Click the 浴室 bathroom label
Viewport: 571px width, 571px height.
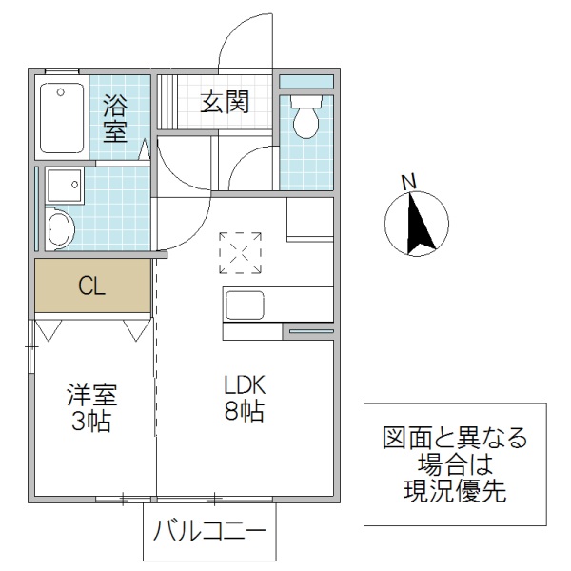coord(115,117)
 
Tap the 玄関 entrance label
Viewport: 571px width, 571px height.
coord(225,102)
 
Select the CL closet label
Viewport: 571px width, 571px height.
coord(92,285)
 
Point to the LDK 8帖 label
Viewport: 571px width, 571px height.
coord(244,399)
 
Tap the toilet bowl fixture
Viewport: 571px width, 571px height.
coord(306,121)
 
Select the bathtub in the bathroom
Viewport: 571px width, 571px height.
coord(62,117)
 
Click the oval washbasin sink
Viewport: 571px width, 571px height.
coord(61,230)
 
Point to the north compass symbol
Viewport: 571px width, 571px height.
coord(416,225)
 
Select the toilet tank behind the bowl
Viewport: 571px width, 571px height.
coord(306,100)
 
